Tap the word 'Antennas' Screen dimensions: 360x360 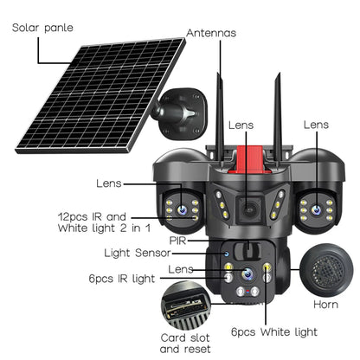pyautogui.click(x=211, y=34)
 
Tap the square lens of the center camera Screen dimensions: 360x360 pyautogui.click(x=248, y=208)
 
